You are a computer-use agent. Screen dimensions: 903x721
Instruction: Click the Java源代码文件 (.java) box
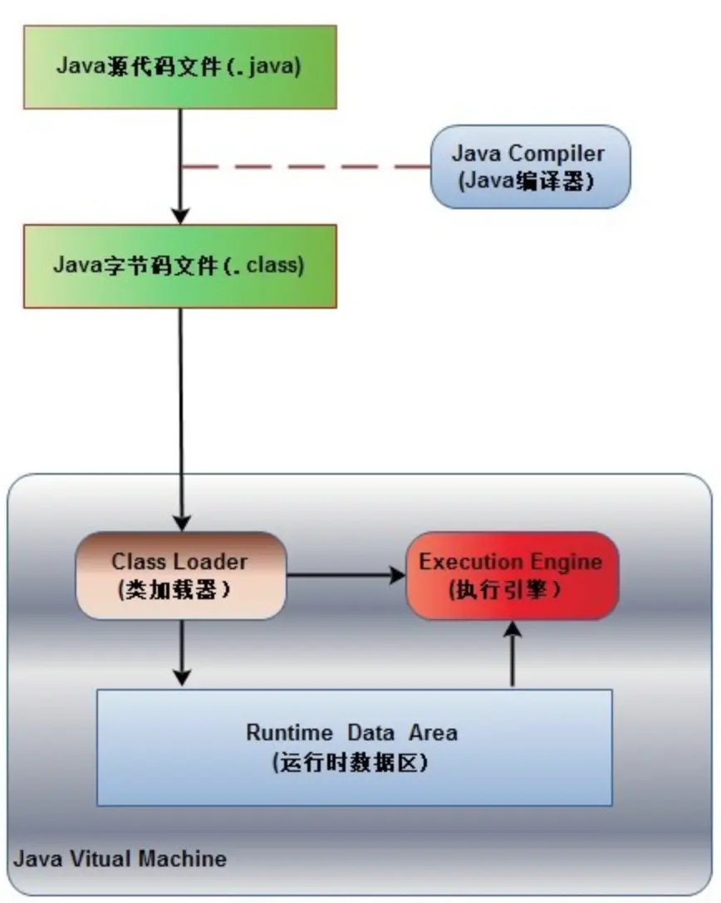pos(179,66)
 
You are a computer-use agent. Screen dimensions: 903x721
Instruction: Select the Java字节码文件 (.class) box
pos(179,266)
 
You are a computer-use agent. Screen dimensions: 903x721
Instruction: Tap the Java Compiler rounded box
pos(529,166)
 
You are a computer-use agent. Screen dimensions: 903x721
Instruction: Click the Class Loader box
pos(180,575)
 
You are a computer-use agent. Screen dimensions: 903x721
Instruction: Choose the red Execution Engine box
pos(511,575)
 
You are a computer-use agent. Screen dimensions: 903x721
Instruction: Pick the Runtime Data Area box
pos(354,747)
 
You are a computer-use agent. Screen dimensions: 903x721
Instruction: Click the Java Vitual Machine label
pos(121,857)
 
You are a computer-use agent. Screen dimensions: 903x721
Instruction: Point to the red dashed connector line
pos(307,167)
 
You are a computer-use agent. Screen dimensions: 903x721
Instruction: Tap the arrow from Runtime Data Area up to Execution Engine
pos(513,656)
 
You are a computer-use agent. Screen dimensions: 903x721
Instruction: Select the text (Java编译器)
pos(529,180)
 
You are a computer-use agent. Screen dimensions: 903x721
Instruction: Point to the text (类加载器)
pos(174,590)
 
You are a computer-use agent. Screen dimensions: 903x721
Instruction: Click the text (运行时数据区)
pos(351,762)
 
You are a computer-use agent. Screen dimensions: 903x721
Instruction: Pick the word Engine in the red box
pos(569,561)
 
